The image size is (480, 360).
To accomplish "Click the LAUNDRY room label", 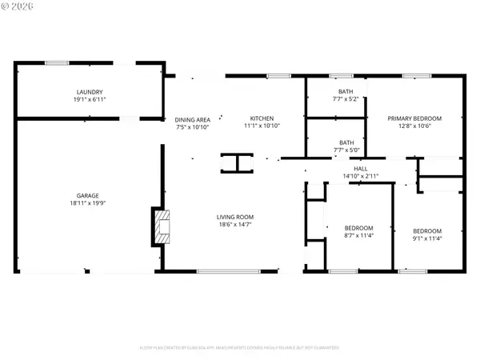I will (90, 92).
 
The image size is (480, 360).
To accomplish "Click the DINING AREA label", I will (192, 119).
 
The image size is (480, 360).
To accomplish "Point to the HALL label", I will (361, 168).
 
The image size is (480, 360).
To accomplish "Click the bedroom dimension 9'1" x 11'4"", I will (426, 238).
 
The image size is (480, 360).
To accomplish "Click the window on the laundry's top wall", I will (56, 62).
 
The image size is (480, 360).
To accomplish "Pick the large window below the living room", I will (227, 272).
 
